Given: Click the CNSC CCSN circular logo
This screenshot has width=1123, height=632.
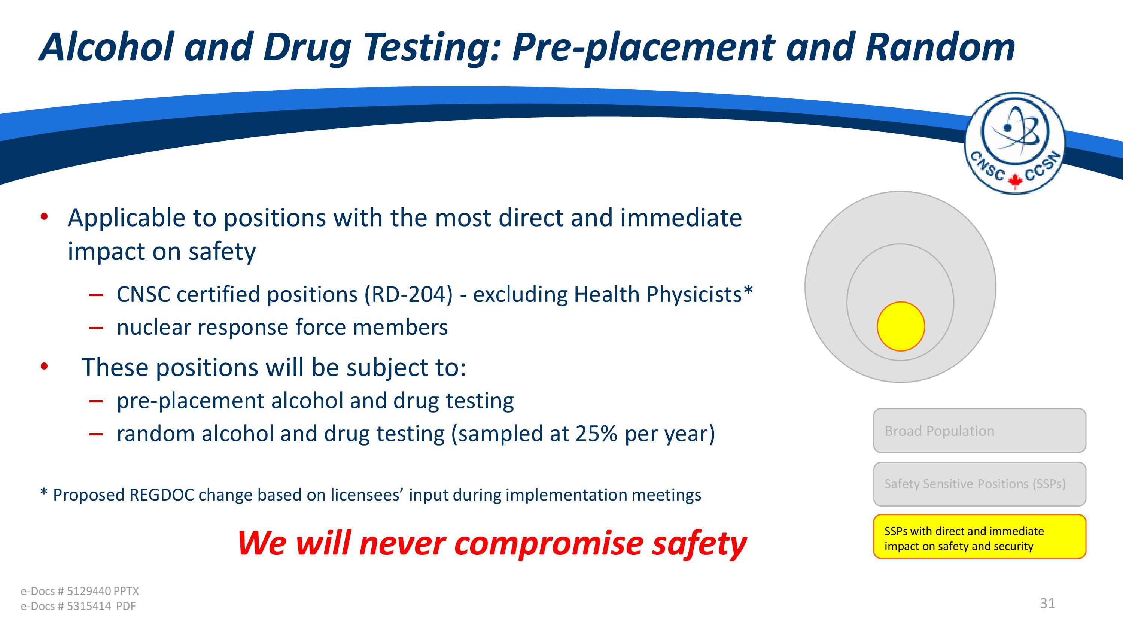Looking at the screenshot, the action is pos(1014,143).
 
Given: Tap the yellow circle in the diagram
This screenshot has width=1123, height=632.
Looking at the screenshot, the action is pos(901,326).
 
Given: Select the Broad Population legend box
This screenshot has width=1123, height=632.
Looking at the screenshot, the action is pos(980,431).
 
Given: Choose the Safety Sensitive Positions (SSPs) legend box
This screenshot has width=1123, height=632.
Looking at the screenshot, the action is pos(980,484).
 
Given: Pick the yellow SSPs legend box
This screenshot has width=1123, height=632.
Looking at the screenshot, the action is pos(980,537).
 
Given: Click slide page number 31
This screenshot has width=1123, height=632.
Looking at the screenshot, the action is pos(1048,603).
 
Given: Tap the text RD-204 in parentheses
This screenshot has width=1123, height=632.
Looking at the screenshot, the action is pos(408,294).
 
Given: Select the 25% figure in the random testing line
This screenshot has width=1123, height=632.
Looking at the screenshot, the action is pos(596,434).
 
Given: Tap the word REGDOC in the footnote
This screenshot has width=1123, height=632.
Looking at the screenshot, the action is pos(162,495).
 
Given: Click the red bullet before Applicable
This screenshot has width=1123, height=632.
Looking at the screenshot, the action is pos(44,216).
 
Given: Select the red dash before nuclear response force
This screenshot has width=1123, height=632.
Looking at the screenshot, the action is pos(95,328).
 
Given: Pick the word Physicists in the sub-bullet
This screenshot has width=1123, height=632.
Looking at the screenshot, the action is pos(694,294).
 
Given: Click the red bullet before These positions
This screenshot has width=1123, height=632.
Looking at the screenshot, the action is pos(44,367).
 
